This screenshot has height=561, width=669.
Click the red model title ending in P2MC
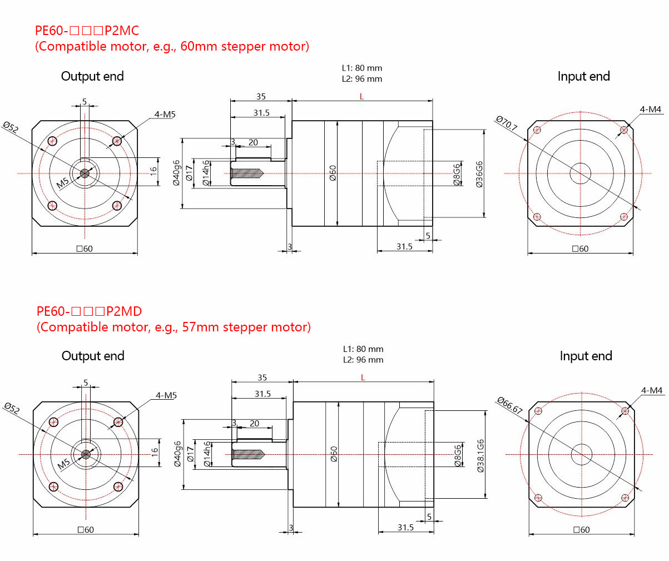click(87, 31)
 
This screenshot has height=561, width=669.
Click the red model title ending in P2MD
click(89, 311)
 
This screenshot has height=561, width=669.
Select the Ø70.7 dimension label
click(506, 123)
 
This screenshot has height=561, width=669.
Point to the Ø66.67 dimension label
click(509, 405)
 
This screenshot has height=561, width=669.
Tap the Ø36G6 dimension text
click(479, 174)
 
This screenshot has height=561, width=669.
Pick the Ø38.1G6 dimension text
click(480, 455)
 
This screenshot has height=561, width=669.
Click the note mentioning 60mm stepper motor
click(172, 46)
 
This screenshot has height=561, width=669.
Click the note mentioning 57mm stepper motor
click(174, 327)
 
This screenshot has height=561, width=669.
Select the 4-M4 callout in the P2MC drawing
click(650, 110)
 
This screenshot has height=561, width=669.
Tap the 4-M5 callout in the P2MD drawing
click(166, 395)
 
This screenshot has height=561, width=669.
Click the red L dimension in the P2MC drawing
click(361, 97)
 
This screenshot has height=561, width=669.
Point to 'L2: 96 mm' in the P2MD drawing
click(363, 360)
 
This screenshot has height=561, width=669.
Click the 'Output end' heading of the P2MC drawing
click(92, 76)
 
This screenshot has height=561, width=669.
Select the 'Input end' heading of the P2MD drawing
click(586, 356)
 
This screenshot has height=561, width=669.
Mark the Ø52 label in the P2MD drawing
click(12, 409)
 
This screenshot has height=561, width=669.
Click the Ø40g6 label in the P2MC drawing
click(176, 173)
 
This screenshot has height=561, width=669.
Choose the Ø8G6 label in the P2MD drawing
click(458, 455)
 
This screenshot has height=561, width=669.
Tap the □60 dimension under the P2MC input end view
click(580, 249)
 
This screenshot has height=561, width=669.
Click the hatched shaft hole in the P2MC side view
click(246, 174)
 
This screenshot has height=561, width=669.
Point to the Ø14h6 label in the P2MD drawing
click(207, 454)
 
